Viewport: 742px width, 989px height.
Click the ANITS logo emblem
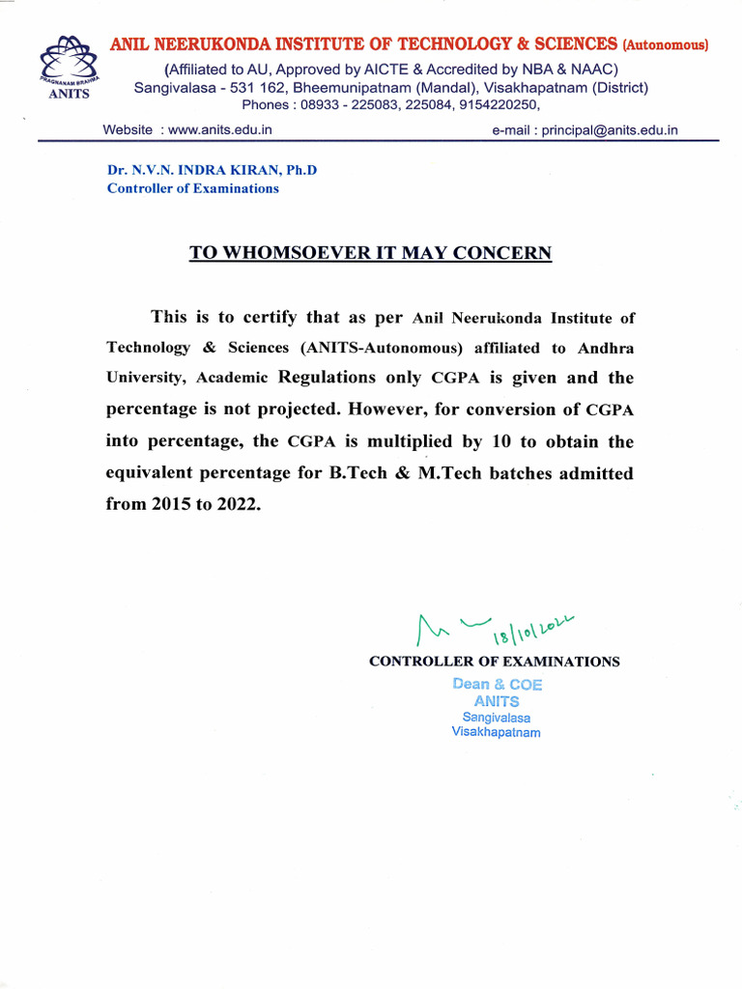coord(67,65)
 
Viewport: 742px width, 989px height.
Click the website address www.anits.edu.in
coord(219,129)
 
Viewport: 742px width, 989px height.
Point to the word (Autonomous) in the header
coord(666,44)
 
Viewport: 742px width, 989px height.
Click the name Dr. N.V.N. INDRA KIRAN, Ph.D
coord(212,170)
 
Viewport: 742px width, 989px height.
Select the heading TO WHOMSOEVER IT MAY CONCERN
coord(370,253)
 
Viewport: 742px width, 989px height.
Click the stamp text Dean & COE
coord(498,684)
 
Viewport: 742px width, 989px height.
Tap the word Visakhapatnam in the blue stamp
coord(496,732)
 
